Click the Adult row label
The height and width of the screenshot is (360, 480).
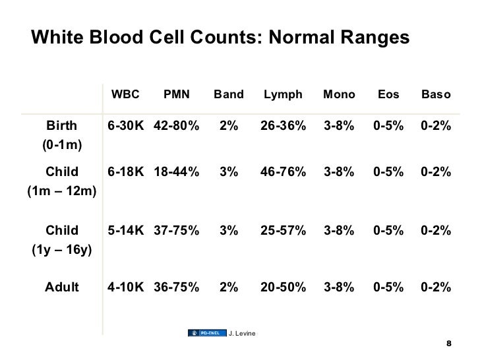(61, 287)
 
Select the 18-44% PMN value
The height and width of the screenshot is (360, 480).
(176, 173)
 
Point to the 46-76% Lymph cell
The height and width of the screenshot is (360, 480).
(283, 173)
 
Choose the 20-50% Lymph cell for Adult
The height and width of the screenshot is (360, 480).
(283, 287)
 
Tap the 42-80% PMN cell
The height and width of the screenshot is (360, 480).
(176, 126)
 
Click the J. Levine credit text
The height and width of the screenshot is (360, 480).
(241, 332)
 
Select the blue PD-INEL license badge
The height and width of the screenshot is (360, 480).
(206, 332)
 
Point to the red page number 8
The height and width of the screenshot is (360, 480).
(449, 344)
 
